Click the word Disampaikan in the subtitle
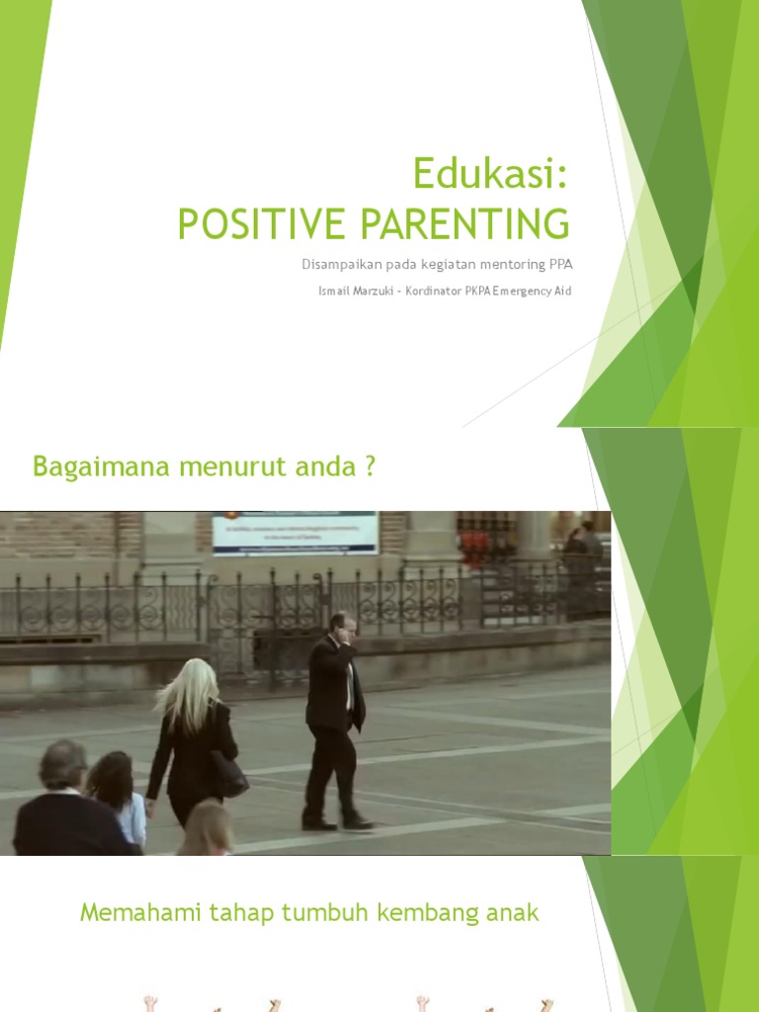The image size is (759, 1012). pos(340,265)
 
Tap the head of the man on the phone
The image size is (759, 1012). pos(343,625)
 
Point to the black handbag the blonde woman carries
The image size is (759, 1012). pos(229,773)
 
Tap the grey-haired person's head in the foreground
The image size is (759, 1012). pos(62,766)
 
